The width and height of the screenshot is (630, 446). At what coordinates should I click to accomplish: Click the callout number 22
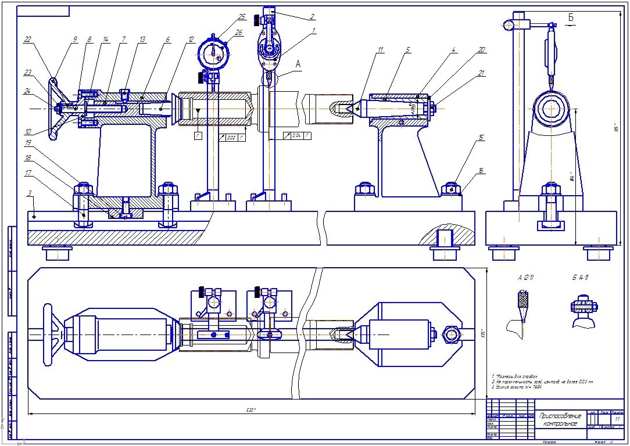pos(27,39)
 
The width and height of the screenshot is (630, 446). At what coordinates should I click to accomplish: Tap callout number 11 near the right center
pos(380,51)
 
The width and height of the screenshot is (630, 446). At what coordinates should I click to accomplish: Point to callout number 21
pos(481,73)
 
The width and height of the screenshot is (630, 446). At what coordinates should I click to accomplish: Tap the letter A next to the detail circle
pos(298,66)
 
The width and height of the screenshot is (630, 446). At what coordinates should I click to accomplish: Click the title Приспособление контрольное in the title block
pos(560,419)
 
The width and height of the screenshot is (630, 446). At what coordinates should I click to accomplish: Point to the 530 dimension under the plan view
pos(250,410)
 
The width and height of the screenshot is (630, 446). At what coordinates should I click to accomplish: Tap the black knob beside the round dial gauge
pos(202,77)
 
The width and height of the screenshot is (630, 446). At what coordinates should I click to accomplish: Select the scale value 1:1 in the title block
pos(617,418)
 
